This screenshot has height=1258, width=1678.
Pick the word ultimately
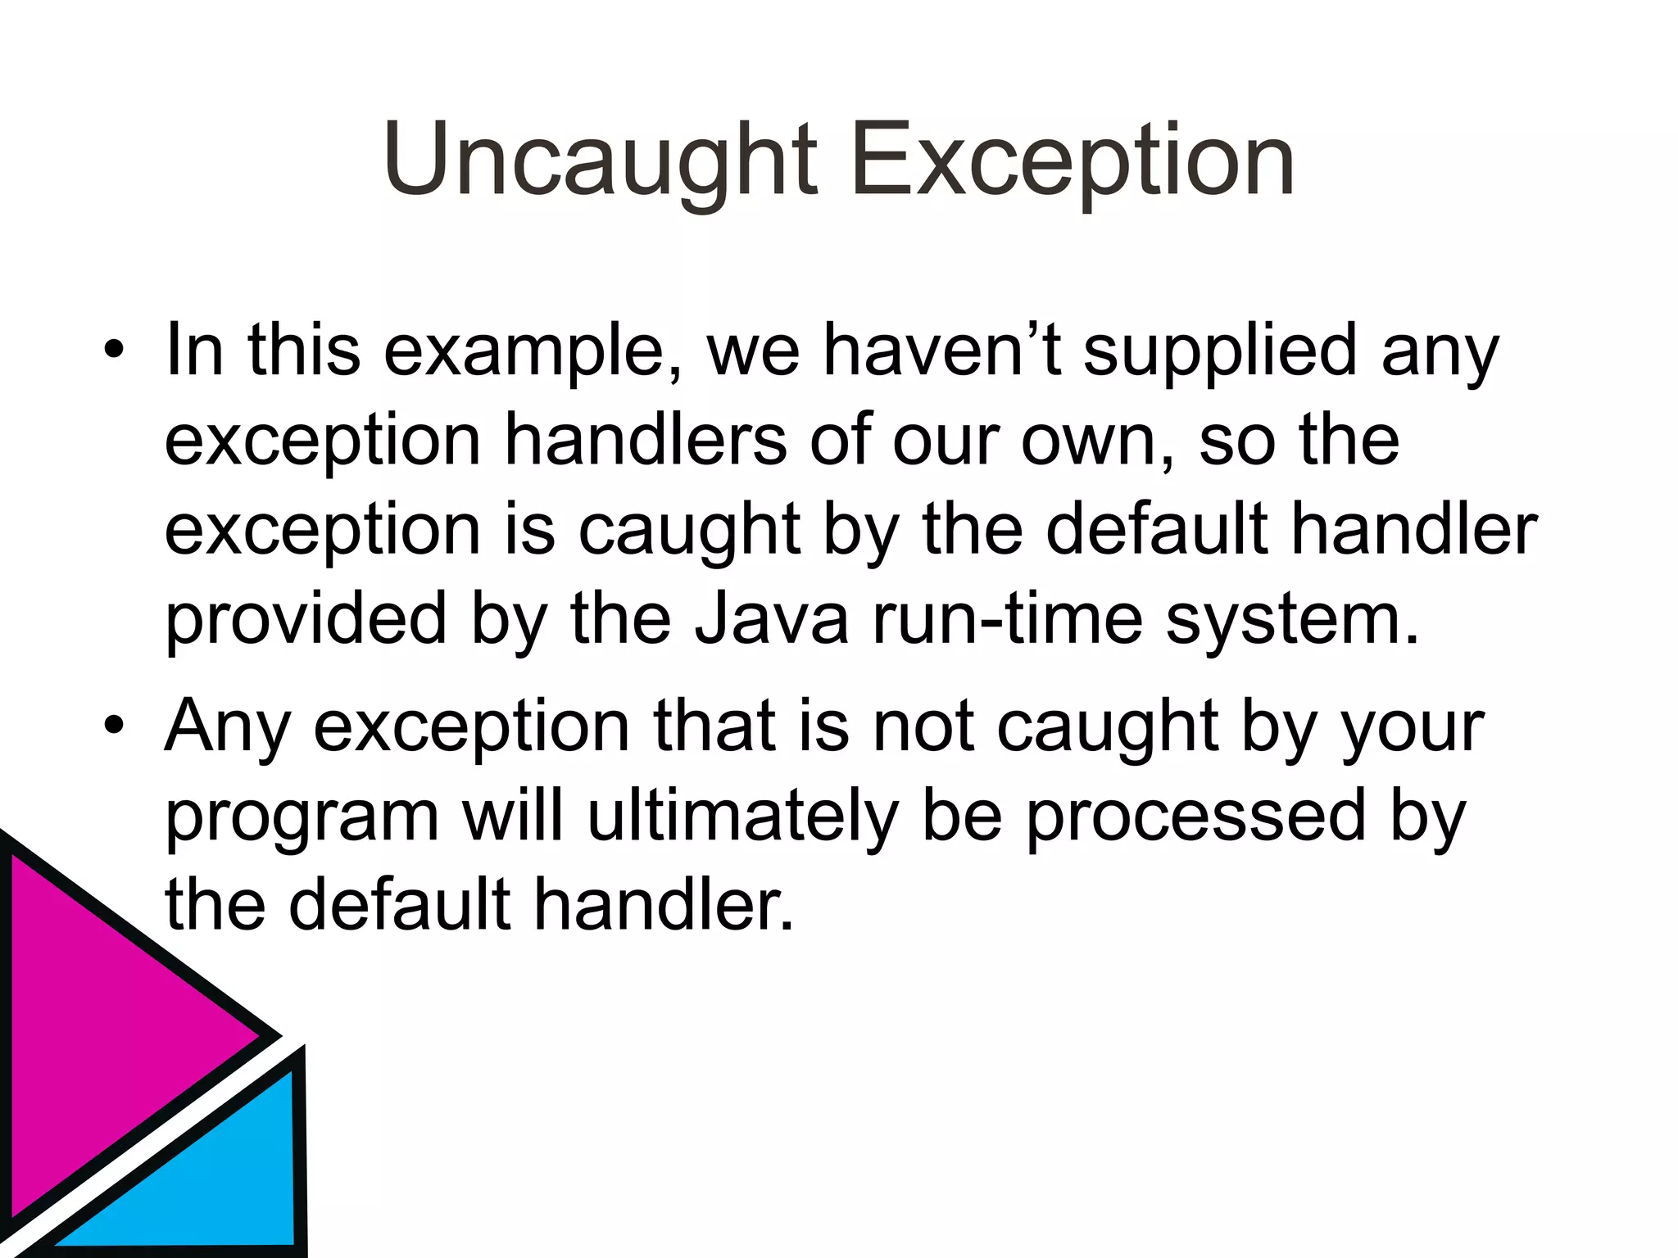743,817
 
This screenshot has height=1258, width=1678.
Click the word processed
1195,817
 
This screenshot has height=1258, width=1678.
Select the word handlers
646,441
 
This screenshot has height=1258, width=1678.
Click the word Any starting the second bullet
228,727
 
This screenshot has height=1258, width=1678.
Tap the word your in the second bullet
1412,727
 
